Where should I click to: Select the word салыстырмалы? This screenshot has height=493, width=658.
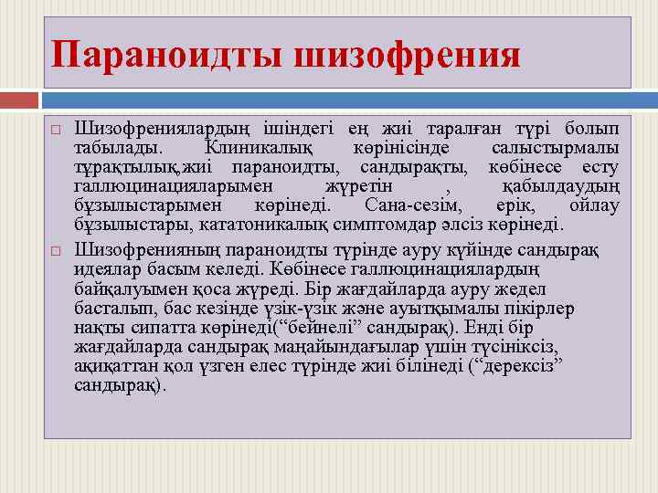tap(554, 147)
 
